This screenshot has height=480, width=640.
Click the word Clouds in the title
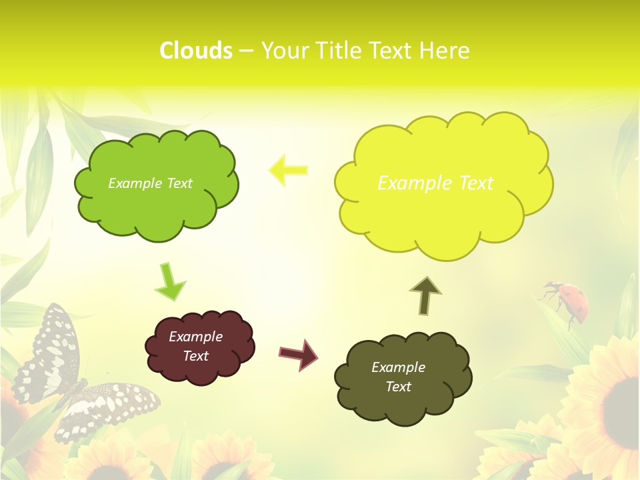(196, 51)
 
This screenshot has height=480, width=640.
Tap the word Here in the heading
(443, 51)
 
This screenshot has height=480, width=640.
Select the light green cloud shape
(156, 185)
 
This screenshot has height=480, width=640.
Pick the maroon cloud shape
(199, 347)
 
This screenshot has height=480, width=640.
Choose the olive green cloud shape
(403, 377)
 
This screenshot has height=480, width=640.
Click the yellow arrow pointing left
(288, 171)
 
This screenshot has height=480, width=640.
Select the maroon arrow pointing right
(298, 354)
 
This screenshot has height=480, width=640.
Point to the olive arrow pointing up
(425, 295)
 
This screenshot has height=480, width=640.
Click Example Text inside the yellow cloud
(435, 183)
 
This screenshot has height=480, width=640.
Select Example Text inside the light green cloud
(150, 183)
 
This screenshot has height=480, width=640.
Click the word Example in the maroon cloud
(195, 337)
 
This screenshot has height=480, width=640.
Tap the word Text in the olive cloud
(398, 387)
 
